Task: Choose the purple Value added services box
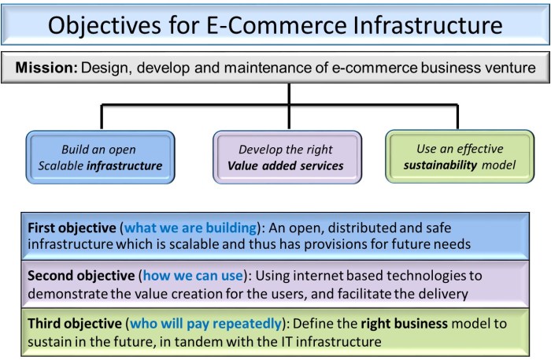tap(287, 158)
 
